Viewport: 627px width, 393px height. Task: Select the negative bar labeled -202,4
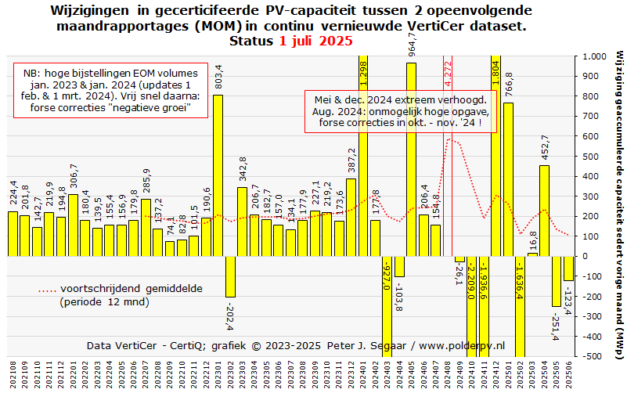click(230, 276)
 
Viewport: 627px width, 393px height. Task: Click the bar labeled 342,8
click(242, 222)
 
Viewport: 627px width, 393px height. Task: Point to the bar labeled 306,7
click(73, 225)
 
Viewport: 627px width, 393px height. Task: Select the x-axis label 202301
click(218, 373)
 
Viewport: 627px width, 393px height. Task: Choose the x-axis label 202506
click(569, 373)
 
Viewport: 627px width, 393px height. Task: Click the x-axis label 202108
click(13, 373)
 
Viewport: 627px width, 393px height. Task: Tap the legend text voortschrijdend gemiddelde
click(132, 288)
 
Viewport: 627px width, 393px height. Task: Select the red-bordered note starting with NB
click(110, 90)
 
